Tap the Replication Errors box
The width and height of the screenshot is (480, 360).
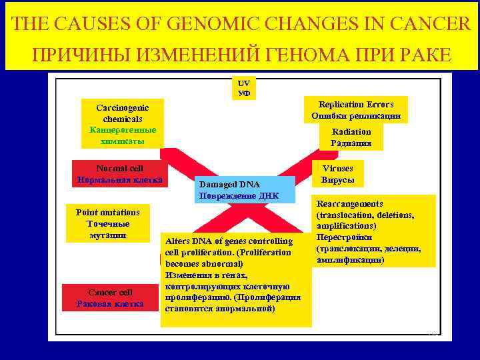[356, 110]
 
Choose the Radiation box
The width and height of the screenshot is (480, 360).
[351, 137]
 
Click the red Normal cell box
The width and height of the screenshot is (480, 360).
[119, 174]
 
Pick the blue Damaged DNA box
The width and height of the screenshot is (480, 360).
[238, 190]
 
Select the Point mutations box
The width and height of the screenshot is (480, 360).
[108, 224]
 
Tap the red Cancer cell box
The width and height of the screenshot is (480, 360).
[111, 298]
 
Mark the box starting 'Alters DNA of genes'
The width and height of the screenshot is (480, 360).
[236, 279]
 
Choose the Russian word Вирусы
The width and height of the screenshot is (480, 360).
[338, 181]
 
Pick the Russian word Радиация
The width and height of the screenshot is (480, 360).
[351, 143]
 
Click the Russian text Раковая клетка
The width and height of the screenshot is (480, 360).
[111, 304]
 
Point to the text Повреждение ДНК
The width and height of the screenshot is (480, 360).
[238, 196]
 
